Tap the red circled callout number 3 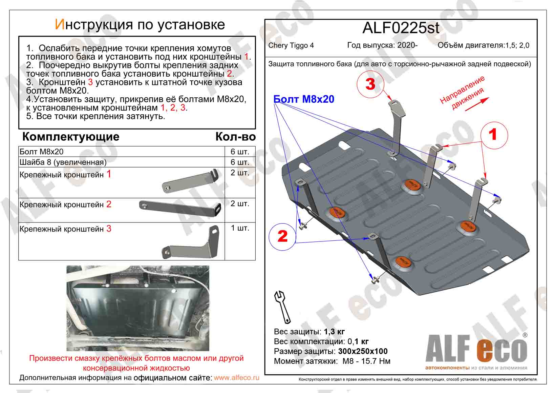point(370,83)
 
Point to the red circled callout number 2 point(282,236)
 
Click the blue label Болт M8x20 point(304,99)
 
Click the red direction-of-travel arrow point(477,104)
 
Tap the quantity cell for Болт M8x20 point(240,152)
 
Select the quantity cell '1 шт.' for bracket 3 point(240,228)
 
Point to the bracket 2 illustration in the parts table point(181,208)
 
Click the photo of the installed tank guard point(138,308)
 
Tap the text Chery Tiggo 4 point(291,45)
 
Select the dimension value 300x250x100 point(363,351)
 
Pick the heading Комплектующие point(71,137)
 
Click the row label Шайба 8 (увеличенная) point(63,162)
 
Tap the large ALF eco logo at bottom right point(476,350)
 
